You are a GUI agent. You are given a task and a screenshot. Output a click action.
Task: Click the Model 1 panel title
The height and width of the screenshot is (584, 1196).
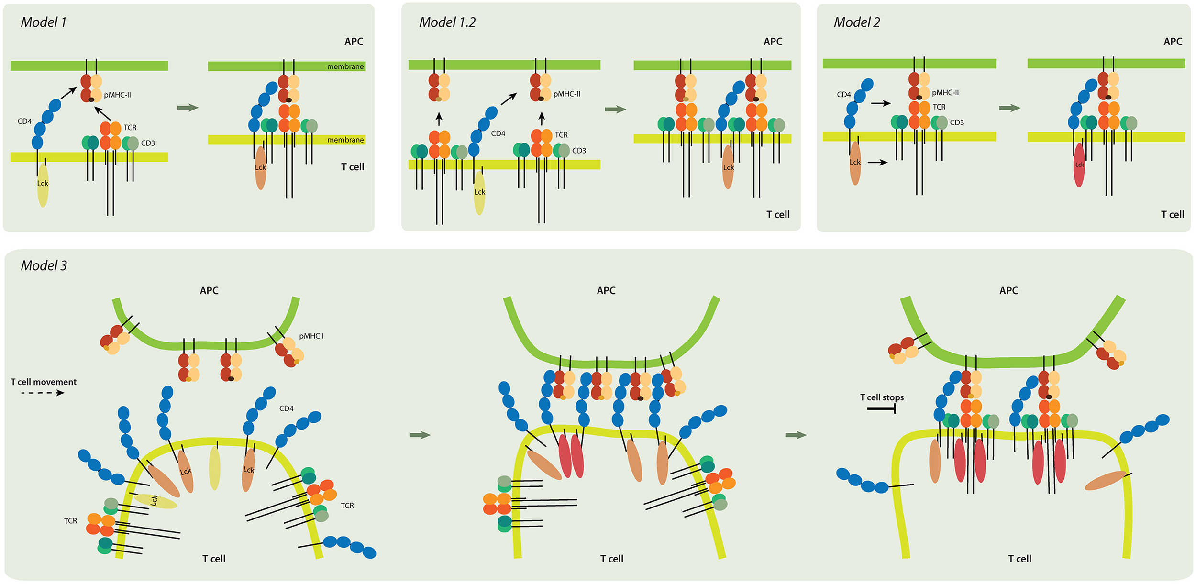pyautogui.click(x=44, y=22)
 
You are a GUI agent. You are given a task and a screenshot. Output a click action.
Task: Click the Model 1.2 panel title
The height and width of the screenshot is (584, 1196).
pyautogui.click(x=447, y=22)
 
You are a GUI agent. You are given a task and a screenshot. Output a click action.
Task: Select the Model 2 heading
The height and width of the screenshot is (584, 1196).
pyautogui.click(x=856, y=22)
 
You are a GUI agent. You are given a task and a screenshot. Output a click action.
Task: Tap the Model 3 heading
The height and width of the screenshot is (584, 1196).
pyautogui.click(x=44, y=265)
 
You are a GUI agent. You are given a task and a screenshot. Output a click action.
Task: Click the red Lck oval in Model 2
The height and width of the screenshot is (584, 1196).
pyautogui.click(x=1079, y=165)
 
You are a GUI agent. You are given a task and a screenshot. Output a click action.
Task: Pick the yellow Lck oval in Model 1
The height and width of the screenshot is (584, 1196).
pyautogui.click(x=43, y=186)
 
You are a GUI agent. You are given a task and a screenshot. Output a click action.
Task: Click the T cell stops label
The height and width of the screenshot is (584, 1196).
pyautogui.click(x=882, y=397)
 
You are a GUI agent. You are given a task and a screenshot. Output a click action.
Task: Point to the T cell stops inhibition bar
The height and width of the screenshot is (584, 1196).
pyautogui.click(x=881, y=408)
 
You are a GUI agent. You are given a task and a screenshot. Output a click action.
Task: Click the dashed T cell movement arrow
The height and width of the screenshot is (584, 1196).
pyautogui.click(x=43, y=393)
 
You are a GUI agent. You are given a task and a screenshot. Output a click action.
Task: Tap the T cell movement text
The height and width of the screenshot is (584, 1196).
pyautogui.click(x=44, y=382)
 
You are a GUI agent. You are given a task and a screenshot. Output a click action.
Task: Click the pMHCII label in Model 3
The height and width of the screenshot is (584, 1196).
pyautogui.click(x=311, y=336)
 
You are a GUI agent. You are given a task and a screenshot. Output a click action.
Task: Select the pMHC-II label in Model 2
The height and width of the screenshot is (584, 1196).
pyautogui.click(x=945, y=93)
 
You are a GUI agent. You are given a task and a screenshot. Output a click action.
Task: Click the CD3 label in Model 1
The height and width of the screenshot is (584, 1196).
pyautogui.click(x=148, y=143)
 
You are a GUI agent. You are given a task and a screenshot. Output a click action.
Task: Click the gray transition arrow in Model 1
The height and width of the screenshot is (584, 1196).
pyautogui.click(x=188, y=108)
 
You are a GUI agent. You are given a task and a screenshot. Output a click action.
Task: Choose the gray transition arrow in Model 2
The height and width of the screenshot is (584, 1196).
pyautogui.click(x=1009, y=108)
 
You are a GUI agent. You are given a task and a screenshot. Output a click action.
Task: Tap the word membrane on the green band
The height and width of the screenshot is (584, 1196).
pyautogui.click(x=345, y=66)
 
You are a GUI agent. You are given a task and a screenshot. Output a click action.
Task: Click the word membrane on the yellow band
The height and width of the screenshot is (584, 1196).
pyautogui.click(x=345, y=140)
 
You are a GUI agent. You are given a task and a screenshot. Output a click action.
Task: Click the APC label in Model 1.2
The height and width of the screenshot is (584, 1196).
pyautogui.click(x=773, y=42)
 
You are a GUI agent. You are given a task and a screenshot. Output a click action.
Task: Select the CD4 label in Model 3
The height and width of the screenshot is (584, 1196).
pyautogui.click(x=286, y=408)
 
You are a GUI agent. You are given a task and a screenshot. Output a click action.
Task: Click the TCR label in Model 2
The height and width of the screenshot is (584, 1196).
pyautogui.click(x=939, y=107)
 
